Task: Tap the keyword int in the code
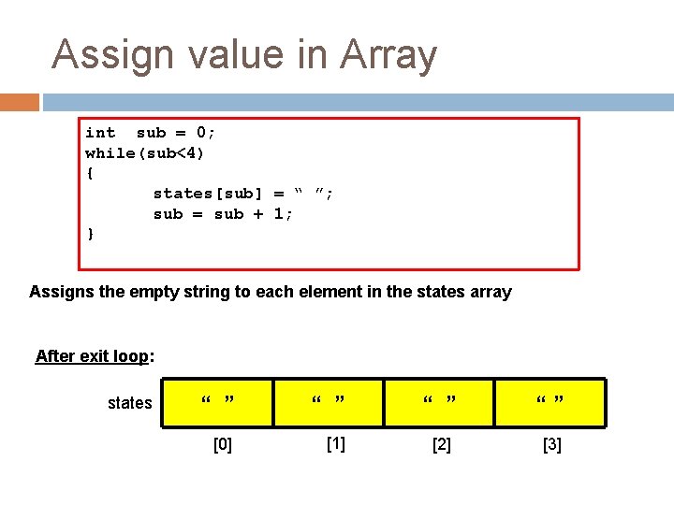(100, 133)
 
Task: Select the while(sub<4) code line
(145, 152)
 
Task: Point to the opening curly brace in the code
(90, 173)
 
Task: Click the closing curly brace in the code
(90, 234)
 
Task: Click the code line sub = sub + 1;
(223, 214)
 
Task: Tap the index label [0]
(223, 445)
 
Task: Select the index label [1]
(335, 444)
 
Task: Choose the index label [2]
(441, 445)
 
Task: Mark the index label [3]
(552, 445)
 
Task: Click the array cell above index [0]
(218, 402)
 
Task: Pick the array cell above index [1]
(329, 402)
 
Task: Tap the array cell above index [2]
(439, 402)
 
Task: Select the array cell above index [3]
(550, 402)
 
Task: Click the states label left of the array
(129, 403)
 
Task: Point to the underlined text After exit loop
(92, 356)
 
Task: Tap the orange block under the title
(20, 101)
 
